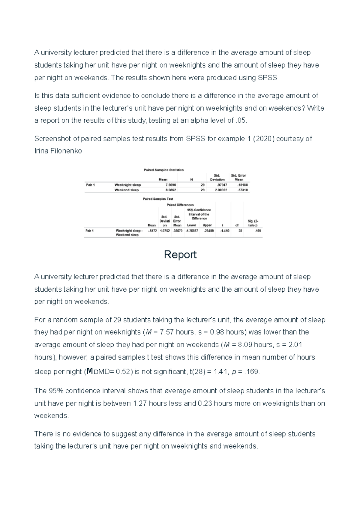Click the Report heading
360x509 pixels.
point(180,255)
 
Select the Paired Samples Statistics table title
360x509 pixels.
point(163,170)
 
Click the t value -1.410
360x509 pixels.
point(225,231)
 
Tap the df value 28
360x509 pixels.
point(240,231)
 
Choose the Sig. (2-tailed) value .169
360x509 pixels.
point(258,231)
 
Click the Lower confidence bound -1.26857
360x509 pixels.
point(192,231)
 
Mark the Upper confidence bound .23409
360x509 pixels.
point(209,231)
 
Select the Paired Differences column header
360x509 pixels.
point(180,205)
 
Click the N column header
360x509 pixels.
point(191,180)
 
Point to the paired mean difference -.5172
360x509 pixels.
point(152,231)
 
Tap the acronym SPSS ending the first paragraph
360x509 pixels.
point(267,78)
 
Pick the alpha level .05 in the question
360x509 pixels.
point(241,121)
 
